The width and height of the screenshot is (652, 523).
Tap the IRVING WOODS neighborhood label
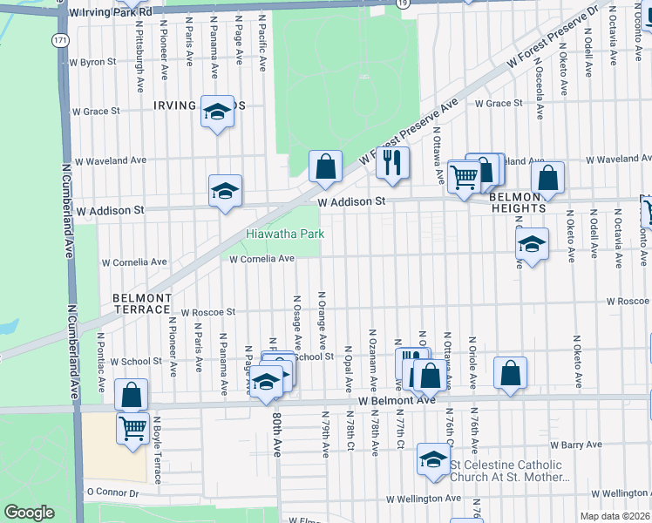(200, 105)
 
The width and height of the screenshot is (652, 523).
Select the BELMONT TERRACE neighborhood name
(142, 303)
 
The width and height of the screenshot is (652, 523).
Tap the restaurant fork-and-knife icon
(392, 162)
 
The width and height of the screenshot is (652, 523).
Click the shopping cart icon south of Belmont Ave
(132, 428)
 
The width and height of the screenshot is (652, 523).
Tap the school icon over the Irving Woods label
(217, 112)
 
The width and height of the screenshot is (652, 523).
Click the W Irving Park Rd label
(110, 12)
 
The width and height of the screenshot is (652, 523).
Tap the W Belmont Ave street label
(396, 400)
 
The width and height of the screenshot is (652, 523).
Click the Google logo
(29, 512)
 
